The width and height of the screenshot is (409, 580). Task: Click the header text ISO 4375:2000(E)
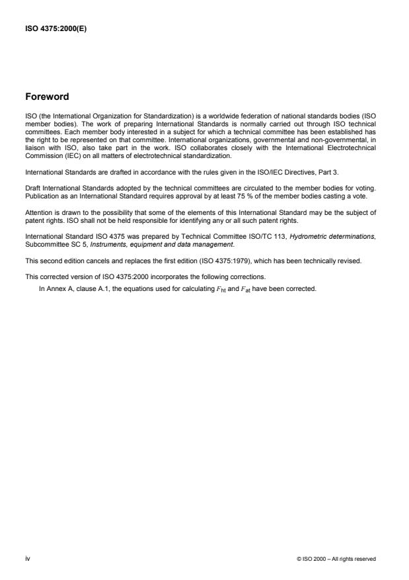tap(52, 28)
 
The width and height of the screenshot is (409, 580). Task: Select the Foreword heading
tap(46, 97)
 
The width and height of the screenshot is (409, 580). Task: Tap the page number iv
tap(27, 558)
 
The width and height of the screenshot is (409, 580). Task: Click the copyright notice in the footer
tap(336, 559)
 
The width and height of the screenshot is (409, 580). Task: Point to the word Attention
tap(38, 212)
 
